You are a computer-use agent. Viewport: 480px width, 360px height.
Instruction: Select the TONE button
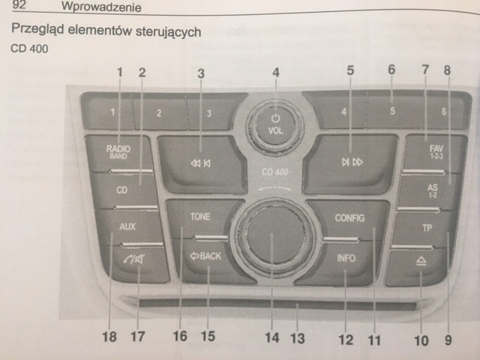[200, 217]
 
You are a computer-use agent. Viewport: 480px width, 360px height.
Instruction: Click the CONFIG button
[349, 218]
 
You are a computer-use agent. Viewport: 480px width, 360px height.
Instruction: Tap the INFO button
[346, 259]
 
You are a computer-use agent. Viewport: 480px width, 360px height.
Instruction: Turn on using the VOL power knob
[275, 121]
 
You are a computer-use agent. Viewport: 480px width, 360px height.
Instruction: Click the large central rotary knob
[271, 239]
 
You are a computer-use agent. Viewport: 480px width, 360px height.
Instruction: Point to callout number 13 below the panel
[298, 339]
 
